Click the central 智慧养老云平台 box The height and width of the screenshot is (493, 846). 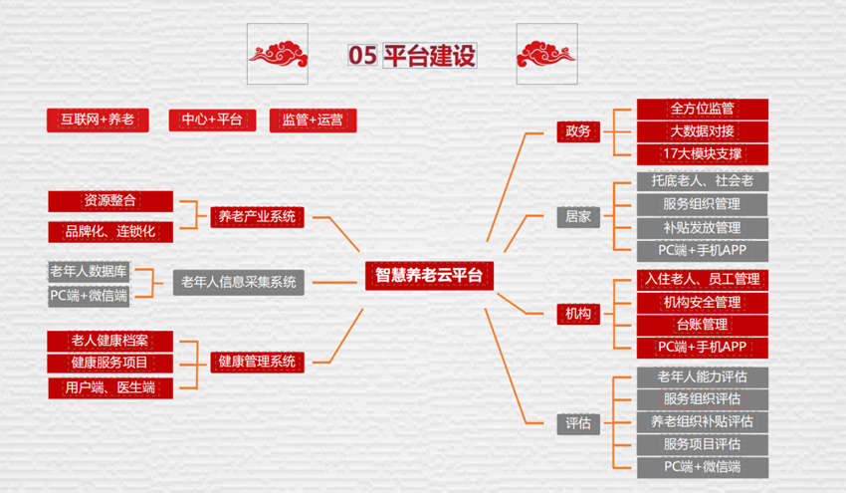coord(430,276)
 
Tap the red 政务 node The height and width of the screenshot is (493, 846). coord(578,131)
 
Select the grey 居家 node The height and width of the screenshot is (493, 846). coord(578,217)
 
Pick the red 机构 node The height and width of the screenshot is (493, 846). coord(578,314)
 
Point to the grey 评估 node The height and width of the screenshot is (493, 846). coord(578,424)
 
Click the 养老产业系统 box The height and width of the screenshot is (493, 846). coord(258,217)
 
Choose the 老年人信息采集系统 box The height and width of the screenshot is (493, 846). coord(239,282)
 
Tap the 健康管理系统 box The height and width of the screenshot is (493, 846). coord(258,362)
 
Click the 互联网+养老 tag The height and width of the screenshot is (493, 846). coord(98,120)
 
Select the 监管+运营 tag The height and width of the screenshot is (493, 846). coord(313,120)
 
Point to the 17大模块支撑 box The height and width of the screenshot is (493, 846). coord(703,154)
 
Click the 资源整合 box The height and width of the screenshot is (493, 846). coord(110,201)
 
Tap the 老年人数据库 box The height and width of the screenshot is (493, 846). coord(89,271)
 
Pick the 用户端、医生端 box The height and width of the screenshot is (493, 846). coord(110,388)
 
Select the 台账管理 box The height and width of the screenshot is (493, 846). coord(703,325)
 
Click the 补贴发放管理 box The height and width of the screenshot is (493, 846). coord(703,228)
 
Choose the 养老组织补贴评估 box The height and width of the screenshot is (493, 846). coord(703,421)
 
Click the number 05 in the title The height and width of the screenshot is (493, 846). coord(362,56)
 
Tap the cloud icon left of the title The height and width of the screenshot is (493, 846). coord(278,54)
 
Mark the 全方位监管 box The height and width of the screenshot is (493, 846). coord(703,110)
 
